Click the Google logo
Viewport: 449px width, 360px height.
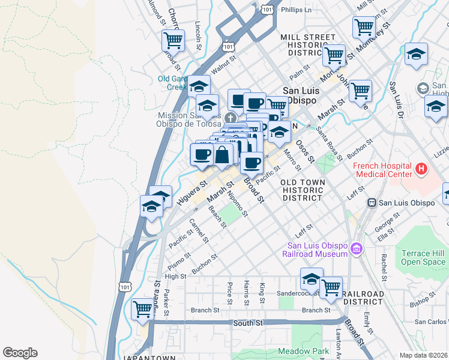20,353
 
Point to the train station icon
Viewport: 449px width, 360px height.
372,203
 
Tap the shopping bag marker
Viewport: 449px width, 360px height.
222,155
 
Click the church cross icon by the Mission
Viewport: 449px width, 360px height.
231,116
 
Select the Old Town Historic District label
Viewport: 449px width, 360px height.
303,190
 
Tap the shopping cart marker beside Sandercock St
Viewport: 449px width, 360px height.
331,287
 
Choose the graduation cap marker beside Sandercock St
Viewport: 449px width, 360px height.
312,279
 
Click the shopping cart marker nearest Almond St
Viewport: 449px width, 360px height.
173,40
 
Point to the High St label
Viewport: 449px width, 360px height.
176,276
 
